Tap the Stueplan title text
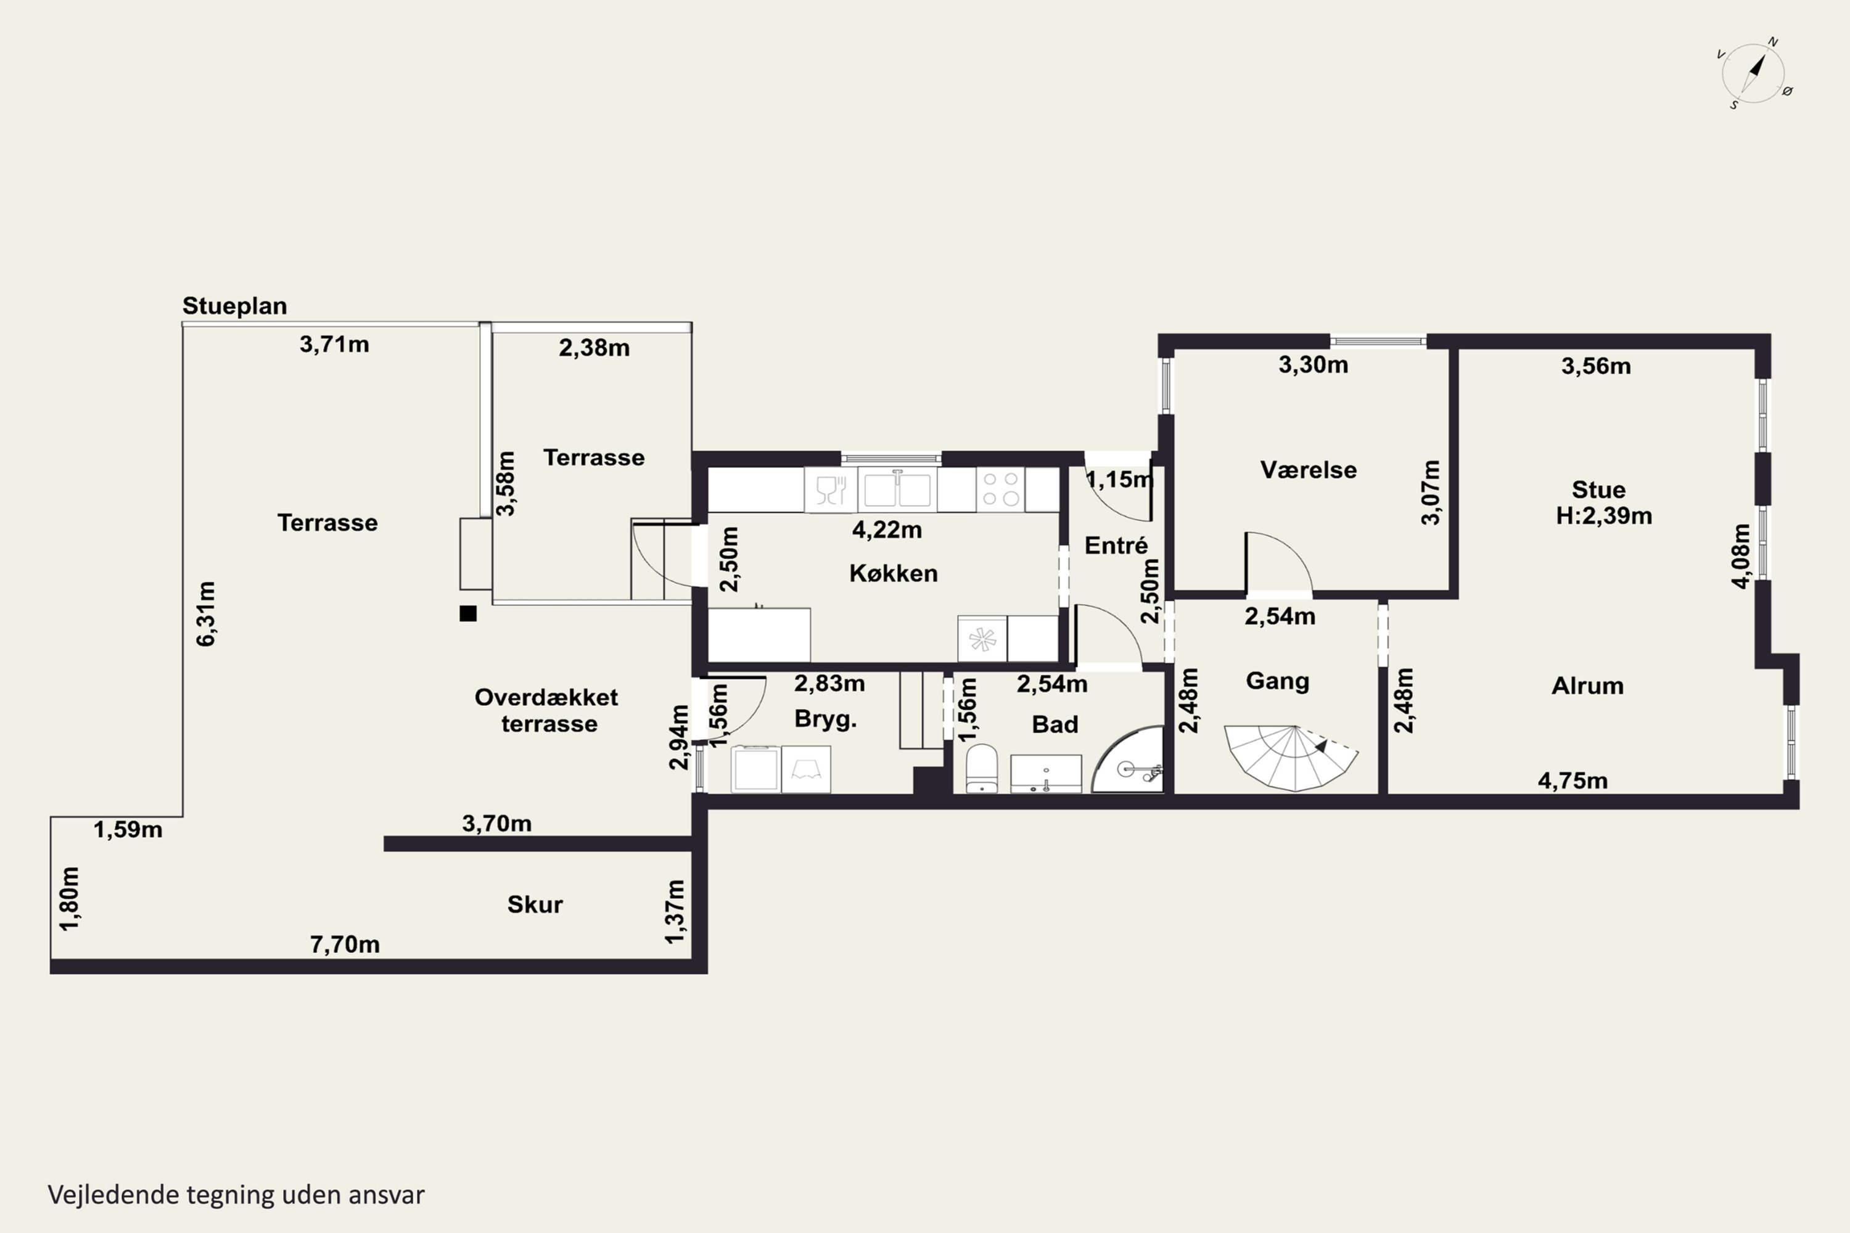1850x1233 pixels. [x=234, y=306]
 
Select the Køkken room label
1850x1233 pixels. [x=894, y=573]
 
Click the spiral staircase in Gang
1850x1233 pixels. [x=1291, y=757]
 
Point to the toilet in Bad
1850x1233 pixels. [x=981, y=769]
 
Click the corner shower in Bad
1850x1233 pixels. [x=1128, y=759]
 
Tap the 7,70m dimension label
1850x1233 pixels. [x=345, y=944]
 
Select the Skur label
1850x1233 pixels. [x=535, y=904]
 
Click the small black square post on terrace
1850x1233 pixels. [x=468, y=613]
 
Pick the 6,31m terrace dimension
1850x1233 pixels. [x=205, y=614]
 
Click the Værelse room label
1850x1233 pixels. [x=1308, y=470]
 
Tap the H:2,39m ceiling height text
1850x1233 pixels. [x=1604, y=516]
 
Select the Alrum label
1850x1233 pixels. [x=1587, y=686]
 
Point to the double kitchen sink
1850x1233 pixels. [x=897, y=489]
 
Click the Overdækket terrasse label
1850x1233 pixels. [x=548, y=710]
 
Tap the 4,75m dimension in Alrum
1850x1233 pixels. [x=1573, y=781]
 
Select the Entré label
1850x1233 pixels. [x=1116, y=545]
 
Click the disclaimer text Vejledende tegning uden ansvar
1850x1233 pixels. [x=236, y=1195]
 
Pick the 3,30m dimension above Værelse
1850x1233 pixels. [x=1313, y=365]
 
